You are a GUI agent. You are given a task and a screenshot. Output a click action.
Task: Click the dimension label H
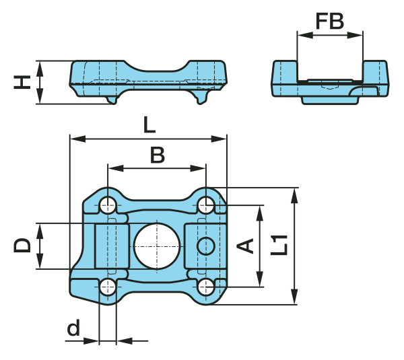pyautogui.click(x=22, y=82)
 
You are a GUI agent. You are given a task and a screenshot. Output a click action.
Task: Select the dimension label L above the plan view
pyautogui.click(x=149, y=125)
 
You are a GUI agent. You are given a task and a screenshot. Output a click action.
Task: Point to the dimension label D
pyautogui.click(x=22, y=245)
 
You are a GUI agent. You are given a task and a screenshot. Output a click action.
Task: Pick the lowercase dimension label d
pyautogui.click(x=73, y=328)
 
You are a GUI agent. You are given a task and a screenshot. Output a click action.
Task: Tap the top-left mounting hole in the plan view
pyautogui.click(x=108, y=204)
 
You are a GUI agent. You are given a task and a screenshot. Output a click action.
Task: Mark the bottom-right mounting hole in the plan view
pyautogui.click(x=205, y=287)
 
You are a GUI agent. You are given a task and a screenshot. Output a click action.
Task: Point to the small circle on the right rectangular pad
pyautogui.click(x=205, y=246)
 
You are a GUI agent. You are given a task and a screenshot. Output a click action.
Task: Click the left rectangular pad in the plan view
pyautogui.click(x=110, y=246)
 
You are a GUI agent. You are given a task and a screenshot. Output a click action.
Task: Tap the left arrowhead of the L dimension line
pyautogui.click(x=75, y=139)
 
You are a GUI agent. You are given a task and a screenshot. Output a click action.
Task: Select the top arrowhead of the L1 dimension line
pyautogui.click(x=294, y=193)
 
